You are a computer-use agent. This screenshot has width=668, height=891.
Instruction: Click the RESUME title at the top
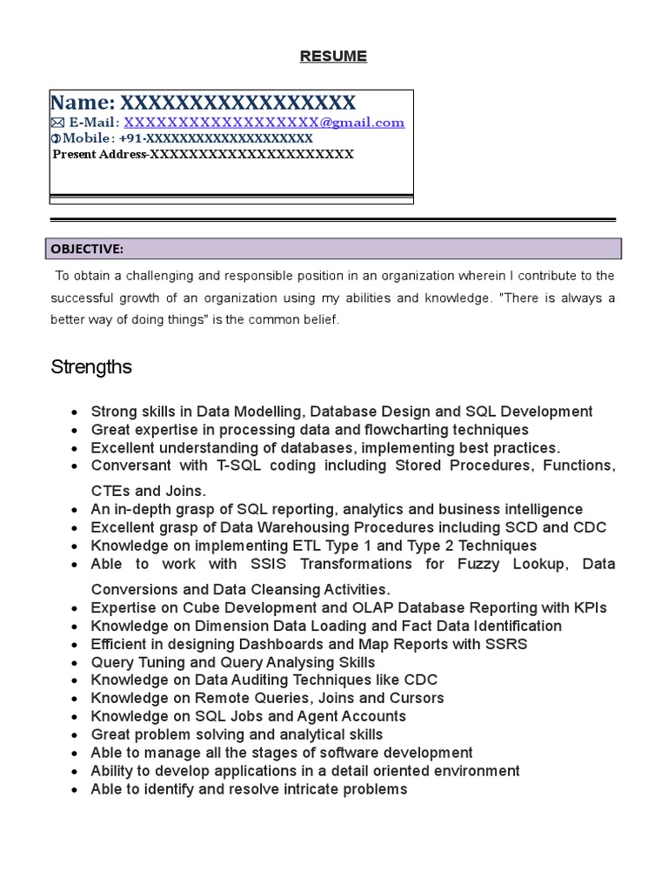click(333, 57)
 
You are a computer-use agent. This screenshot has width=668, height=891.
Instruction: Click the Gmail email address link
click(264, 123)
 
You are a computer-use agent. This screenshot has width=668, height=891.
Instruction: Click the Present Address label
click(98, 155)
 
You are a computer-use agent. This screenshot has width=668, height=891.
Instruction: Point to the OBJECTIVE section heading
click(87, 250)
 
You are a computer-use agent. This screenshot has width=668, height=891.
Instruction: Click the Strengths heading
click(91, 367)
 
